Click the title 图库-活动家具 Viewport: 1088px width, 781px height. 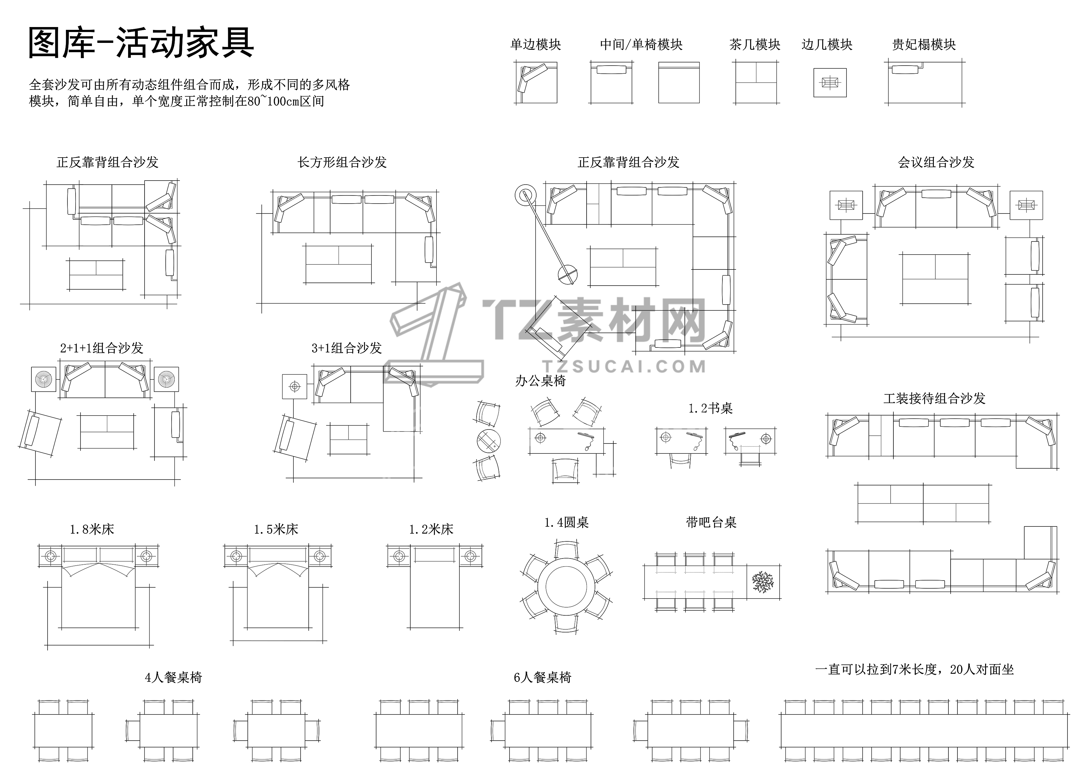[x=141, y=43]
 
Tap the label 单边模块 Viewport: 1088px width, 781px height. [x=535, y=45]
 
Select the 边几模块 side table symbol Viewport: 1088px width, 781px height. [x=830, y=83]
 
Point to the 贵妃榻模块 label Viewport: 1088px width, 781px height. [x=924, y=45]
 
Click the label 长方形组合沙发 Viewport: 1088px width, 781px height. [x=342, y=162]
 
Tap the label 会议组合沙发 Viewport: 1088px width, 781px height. [x=936, y=162]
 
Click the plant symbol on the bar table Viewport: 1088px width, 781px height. [x=763, y=582]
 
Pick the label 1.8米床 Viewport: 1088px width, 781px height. [x=92, y=529]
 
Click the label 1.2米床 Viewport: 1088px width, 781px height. [x=431, y=529]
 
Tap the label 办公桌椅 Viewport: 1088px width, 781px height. [x=541, y=381]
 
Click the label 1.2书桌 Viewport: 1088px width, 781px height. [x=710, y=408]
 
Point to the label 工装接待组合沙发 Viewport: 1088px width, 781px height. [x=934, y=398]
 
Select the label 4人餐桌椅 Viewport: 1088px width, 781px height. [x=174, y=678]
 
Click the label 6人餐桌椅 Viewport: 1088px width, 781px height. [x=542, y=678]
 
